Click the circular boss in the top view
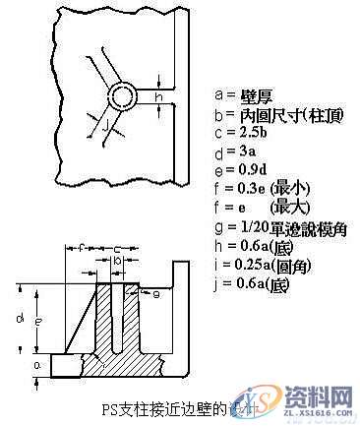[124, 95]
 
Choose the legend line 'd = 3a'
[233, 151]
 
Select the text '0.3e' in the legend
[248, 188]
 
